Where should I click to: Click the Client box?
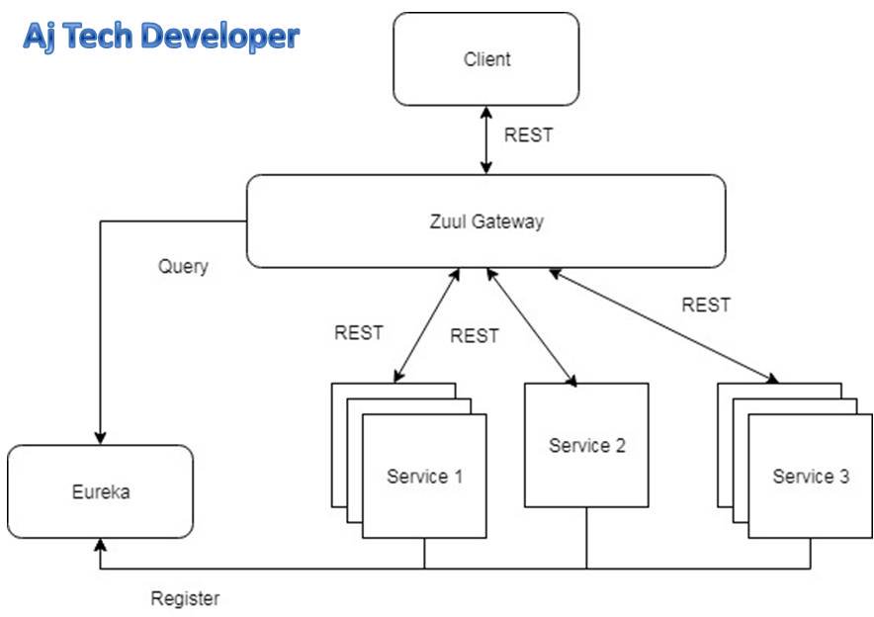pyautogui.click(x=485, y=59)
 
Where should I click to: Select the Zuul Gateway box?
pyautogui.click(x=485, y=221)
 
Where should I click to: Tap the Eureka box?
pyautogui.click(x=100, y=491)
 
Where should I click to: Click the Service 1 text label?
pyautogui.click(x=424, y=477)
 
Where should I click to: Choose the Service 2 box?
pyautogui.click(x=586, y=445)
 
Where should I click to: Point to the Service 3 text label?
pyautogui.click(x=810, y=477)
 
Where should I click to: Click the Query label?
pyautogui.click(x=183, y=267)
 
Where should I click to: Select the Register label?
pyautogui.click(x=185, y=598)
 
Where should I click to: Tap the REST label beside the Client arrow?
pyautogui.click(x=529, y=135)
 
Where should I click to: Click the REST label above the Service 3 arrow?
pyautogui.click(x=706, y=305)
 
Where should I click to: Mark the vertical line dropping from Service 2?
pyautogui.click(x=586, y=538)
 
